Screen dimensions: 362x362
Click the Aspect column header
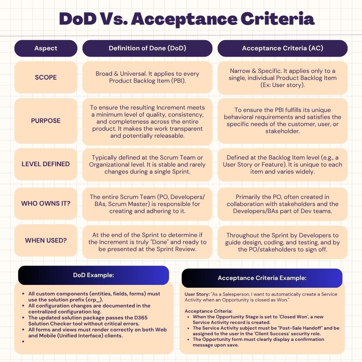(x=46, y=48)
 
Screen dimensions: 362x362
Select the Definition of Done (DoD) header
(x=147, y=48)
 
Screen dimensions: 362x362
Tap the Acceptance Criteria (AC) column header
(x=282, y=48)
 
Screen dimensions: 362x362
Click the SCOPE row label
(x=46, y=77)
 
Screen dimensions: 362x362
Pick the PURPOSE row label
(x=46, y=120)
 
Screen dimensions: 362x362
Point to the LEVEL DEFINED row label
(x=46, y=164)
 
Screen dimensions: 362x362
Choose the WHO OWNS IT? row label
(x=46, y=204)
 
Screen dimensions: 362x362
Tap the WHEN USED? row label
(x=46, y=241)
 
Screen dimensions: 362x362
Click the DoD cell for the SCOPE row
(x=147, y=77)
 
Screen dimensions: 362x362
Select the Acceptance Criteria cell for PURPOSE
(x=282, y=120)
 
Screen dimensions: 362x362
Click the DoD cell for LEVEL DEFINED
(x=147, y=164)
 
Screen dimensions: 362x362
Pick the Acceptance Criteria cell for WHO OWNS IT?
(x=282, y=204)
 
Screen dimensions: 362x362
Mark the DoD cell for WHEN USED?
(x=147, y=242)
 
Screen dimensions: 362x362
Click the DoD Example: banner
(x=93, y=275)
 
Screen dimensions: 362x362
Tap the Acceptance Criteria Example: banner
(x=262, y=278)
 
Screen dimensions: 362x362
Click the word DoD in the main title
(x=77, y=18)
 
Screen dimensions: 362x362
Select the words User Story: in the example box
(x=196, y=294)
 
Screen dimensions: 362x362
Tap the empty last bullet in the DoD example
(x=23, y=342)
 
